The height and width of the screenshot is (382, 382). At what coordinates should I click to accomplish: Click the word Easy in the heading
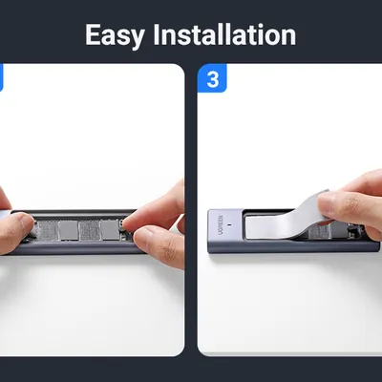115,35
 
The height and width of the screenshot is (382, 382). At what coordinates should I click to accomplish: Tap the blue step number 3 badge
212,78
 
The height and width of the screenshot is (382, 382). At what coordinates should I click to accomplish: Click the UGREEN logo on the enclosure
222,225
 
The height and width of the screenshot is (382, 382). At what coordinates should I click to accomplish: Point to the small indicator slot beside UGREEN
231,226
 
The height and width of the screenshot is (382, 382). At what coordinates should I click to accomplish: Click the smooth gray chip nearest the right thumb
110,229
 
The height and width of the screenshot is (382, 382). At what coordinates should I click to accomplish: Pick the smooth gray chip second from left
69,230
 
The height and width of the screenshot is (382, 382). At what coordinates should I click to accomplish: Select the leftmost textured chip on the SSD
49,230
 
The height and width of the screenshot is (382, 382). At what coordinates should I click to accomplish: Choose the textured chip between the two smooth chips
90,230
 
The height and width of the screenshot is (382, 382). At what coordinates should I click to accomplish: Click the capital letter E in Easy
94,34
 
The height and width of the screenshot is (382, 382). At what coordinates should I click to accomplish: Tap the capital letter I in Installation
157,34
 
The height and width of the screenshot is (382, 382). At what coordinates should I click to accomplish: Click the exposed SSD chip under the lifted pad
319,231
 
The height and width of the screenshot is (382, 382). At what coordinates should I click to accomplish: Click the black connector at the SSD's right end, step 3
352,232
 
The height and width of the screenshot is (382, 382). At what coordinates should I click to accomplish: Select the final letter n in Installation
288,38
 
